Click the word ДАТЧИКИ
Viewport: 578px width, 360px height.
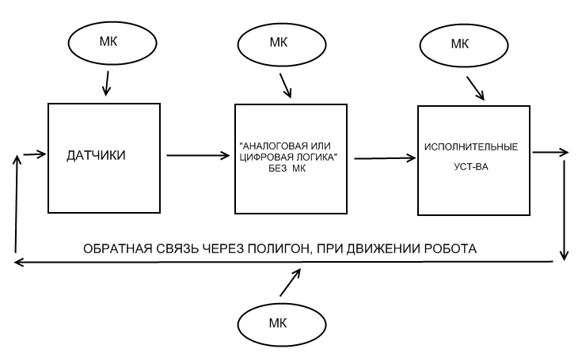[x=97, y=156]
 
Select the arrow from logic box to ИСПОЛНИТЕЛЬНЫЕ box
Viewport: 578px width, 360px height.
[x=385, y=159]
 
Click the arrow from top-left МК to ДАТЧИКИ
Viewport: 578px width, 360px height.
[x=108, y=81]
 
